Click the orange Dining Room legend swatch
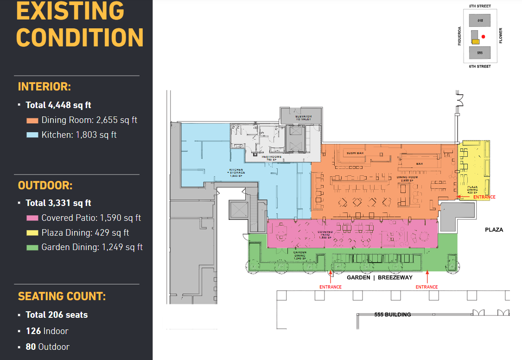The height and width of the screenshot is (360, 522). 32,120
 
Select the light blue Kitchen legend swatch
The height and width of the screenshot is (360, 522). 32,135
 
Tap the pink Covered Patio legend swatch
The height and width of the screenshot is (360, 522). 32,218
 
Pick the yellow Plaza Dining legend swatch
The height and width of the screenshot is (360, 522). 32,233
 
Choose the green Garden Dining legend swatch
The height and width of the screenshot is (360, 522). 32,247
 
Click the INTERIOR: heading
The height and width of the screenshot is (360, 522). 44,87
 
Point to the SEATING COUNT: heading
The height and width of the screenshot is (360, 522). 62,296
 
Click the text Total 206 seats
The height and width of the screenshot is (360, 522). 57,315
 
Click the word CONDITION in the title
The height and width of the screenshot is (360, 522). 80,37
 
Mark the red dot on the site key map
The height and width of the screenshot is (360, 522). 483,36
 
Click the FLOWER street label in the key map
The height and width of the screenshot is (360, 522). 501,36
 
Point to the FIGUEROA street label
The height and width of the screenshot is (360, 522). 459,36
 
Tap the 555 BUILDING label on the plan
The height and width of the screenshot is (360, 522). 393,315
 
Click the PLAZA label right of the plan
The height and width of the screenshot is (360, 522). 494,230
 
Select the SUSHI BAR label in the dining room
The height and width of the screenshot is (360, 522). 355,153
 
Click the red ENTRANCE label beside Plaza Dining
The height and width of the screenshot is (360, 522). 484,197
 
